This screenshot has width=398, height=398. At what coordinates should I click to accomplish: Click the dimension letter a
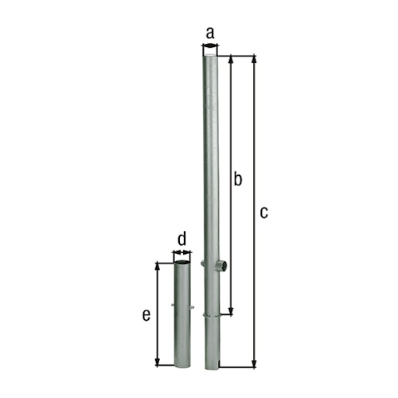210,33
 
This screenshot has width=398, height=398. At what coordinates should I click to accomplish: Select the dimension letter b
237,180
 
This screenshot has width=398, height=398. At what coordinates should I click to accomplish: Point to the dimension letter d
182,238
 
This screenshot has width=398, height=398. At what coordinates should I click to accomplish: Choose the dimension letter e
146,315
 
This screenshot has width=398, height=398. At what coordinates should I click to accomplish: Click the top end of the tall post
210,49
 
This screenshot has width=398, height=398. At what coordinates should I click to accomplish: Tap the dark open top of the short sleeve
183,262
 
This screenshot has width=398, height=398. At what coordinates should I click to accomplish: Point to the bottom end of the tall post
210,366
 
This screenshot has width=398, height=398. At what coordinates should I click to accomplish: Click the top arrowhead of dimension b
231,60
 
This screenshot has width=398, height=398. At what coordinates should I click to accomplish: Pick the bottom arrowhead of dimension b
231,310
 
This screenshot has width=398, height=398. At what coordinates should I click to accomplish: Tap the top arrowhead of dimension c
254,60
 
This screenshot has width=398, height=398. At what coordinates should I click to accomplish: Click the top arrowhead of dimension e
158,264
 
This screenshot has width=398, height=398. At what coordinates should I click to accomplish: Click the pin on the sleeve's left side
174,306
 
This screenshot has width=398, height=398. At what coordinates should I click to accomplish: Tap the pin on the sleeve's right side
193,306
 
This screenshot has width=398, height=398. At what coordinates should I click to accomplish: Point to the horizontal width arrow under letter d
182,253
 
